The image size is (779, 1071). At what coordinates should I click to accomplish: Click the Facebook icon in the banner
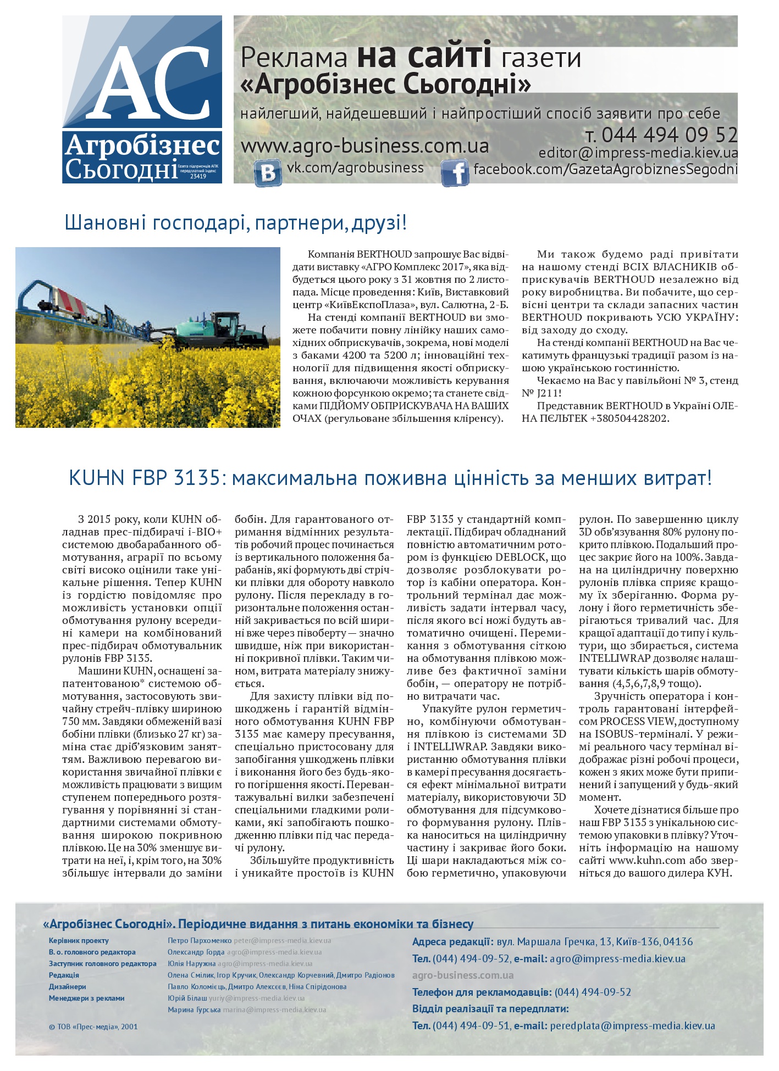pos(455,173)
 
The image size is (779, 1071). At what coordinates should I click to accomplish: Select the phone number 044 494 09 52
pos(669,135)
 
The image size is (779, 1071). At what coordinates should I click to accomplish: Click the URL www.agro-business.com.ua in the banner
pos(365,147)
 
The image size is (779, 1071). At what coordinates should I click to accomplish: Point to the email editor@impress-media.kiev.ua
pos(638,153)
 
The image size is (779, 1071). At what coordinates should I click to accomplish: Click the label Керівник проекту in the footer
pos(79,940)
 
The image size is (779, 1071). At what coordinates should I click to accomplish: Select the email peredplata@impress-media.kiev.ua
pos(632,1025)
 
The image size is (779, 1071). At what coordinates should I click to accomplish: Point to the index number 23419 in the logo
pos(198,177)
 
